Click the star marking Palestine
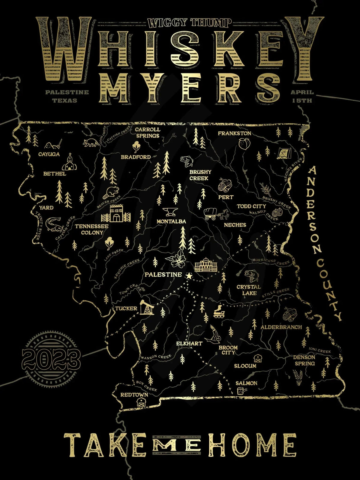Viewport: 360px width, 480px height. [x=189, y=275]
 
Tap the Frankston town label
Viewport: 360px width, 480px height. [x=235, y=133]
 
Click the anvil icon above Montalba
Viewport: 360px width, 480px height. [x=170, y=212]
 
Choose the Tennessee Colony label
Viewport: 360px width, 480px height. [x=91, y=229]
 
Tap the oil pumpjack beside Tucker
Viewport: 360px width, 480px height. [x=147, y=307]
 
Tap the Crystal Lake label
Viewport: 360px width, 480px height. [x=249, y=290]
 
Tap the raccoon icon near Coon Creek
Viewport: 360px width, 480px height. [x=91, y=143]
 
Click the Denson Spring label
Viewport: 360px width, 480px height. [x=304, y=360]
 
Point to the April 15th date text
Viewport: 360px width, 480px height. [x=302, y=96]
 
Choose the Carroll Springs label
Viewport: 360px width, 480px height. [x=148, y=133]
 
